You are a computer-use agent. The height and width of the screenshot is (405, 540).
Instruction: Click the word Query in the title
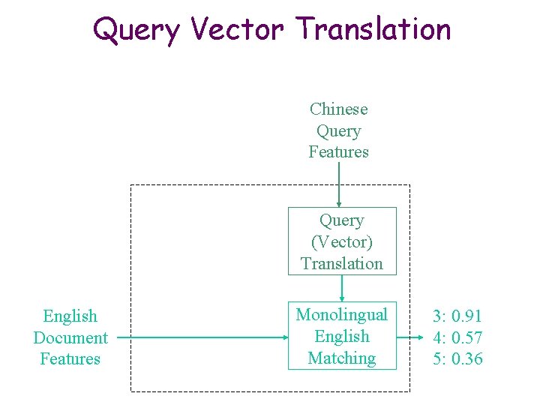pyautogui.click(x=136, y=30)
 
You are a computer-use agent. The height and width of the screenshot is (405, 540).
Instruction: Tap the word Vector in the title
pyautogui.click(x=238, y=30)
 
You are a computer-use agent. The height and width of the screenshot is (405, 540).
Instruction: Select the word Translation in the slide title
pyautogui.click(x=373, y=30)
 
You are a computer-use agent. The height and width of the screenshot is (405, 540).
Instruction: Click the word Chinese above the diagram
pyautogui.click(x=339, y=109)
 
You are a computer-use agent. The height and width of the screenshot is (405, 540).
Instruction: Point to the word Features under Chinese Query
pyautogui.click(x=339, y=151)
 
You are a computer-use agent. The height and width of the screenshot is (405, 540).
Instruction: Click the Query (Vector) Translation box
pyautogui.click(x=342, y=241)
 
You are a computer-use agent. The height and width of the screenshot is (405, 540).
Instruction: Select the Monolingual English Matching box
pyautogui.click(x=342, y=336)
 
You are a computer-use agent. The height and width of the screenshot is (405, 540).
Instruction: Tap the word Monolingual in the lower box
pyautogui.click(x=342, y=315)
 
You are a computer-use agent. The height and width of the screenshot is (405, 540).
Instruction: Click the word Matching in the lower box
pyautogui.click(x=342, y=358)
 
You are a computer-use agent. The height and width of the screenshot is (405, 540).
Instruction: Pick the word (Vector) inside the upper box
pyautogui.click(x=342, y=242)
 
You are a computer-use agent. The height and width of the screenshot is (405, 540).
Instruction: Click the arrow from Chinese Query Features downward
pyautogui.click(x=339, y=184)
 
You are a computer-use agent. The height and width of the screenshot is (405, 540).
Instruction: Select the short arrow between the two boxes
pyautogui.click(x=342, y=288)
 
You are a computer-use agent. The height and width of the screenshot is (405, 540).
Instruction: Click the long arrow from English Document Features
pyautogui.click(x=202, y=337)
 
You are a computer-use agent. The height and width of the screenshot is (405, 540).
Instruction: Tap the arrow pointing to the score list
pyautogui.click(x=409, y=337)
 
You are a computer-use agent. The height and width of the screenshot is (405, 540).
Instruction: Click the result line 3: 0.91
pyautogui.click(x=457, y=316)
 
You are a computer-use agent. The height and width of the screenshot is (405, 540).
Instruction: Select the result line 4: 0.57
pyautogui.click(x=457, y=337)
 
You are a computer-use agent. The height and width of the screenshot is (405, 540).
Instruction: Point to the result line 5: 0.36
pyautogui.click(x=457, y=358)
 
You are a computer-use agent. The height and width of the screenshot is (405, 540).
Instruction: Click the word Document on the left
pyautogui.click(x=70, y=337)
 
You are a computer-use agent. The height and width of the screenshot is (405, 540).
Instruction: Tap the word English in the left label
pyautogui.click(x=70, y=316)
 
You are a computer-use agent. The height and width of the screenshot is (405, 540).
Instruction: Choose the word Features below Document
pyautogui.click(x=70, y=358)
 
